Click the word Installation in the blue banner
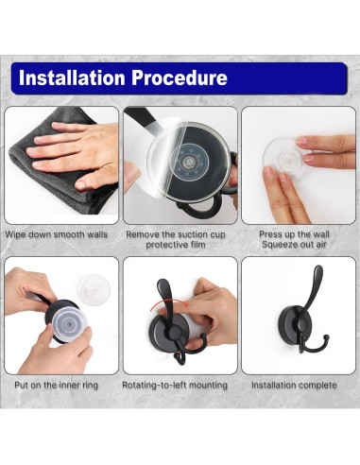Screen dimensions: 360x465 pos(72,77)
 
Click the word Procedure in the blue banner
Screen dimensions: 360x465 pos(180,77)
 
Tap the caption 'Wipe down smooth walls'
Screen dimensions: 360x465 pos(57,234)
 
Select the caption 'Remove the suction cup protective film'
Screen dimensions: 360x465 pos(176,239)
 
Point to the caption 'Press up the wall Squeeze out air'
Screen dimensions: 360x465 pos(294,239)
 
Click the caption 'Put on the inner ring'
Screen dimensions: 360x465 pos(57,385)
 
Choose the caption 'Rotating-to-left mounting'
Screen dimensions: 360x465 pos(175,385)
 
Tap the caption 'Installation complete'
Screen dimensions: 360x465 pos(294,385)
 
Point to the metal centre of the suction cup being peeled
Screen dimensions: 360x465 pos(190,163)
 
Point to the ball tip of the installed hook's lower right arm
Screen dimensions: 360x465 pos(327,337)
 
